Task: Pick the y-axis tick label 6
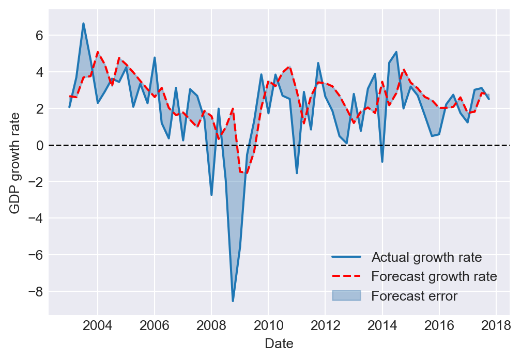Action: pos(39,36)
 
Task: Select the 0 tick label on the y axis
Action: pos(39,146)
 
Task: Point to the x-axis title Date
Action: pos(279,343)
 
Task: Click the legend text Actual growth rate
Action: pos(427,257)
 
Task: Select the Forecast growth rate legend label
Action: pos(434,276)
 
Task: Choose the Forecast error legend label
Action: pos(415,296)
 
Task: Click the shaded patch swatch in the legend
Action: pos(346,296)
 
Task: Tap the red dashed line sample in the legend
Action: pos(346,276)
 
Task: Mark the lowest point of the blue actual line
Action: pos(233,301)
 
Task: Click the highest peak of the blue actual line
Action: pos(83,23)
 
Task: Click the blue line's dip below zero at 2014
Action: pos(382,162)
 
